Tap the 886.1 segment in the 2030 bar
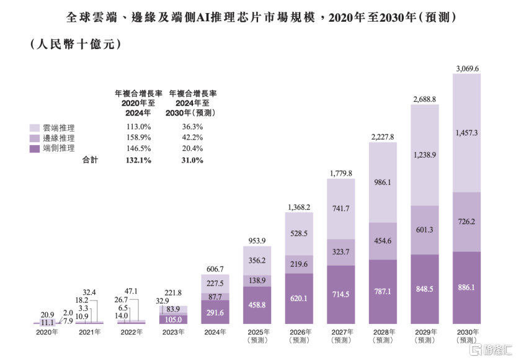pyautogui.click(x=466, y=288)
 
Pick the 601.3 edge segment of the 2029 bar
pyautogui.click(x=425, y=230)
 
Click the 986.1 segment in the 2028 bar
pyautogui.click(x=383, y=183)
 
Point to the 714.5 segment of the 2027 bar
pyautogui.click(x=340, y=295)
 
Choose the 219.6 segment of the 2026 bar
pyautogui.click(x=299, y=263)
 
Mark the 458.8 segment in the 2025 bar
pyautogui.click(x=257, y=305)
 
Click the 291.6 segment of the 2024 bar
pyautogui.click(x=215, y=312)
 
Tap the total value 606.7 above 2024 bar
pyautogui.click(x=215, y=269)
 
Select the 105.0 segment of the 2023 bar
pyautogui.click(x=174, y=319)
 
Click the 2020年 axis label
pyautogui.click(x=47, y=333)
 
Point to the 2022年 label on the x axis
pyautogui.click(x=131, y=333)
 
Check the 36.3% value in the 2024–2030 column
pyautogui.click(x=190, y=127)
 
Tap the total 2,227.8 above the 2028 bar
pyautogui.click(x=383, y=137)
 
